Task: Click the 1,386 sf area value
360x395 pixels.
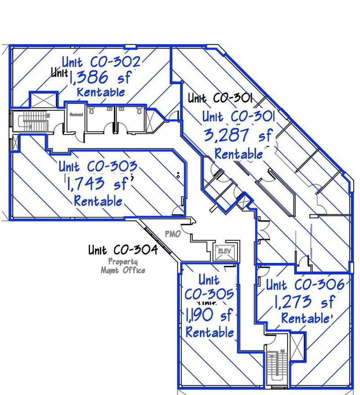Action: tap(99, 77)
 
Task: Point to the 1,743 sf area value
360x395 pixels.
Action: tap(99, 183)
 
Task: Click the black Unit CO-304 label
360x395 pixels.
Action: tap(122, 249)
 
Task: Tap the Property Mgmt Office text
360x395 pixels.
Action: tap(123, 266)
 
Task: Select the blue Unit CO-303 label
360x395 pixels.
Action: tap(97, 166)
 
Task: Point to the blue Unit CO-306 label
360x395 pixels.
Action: tap(305, 285)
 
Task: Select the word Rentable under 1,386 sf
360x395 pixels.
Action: tap(101, 92)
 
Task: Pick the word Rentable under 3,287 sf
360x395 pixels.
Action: tap(238, 154)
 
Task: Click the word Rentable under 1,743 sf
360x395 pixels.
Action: tap(98, 200)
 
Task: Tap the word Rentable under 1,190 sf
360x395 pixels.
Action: tap(210, 332)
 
